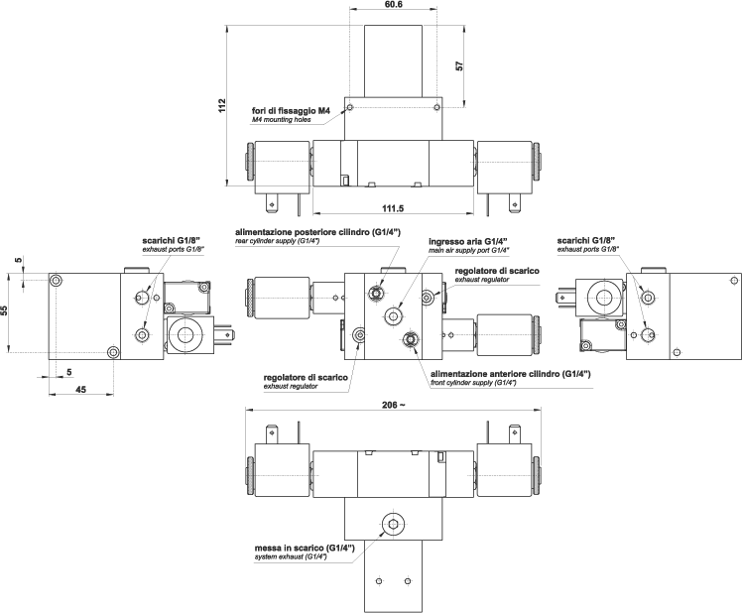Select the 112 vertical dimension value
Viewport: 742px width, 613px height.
pos(223,105)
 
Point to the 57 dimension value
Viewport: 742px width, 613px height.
pos(459,65)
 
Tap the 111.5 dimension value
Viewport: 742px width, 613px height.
pos(393,207)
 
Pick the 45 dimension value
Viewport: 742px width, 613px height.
pos(81,389)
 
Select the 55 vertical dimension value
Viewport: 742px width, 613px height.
pos(4,310)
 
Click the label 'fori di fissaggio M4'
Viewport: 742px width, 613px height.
pos(291,111)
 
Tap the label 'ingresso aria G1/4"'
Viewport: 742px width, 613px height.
pos(467,241)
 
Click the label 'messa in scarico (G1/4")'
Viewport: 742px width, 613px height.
pos(305,548)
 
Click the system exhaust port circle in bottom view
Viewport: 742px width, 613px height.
pos(393,524)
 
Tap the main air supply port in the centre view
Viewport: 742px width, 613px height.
pos(394,316)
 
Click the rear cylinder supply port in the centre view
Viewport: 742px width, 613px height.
pos(377,294)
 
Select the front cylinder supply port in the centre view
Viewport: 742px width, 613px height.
pos(410,338)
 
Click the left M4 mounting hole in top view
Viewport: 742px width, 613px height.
pos(350,108)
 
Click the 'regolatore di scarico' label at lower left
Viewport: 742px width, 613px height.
pos(306,377)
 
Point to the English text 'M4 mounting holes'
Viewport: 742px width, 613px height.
pos(281,120)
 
